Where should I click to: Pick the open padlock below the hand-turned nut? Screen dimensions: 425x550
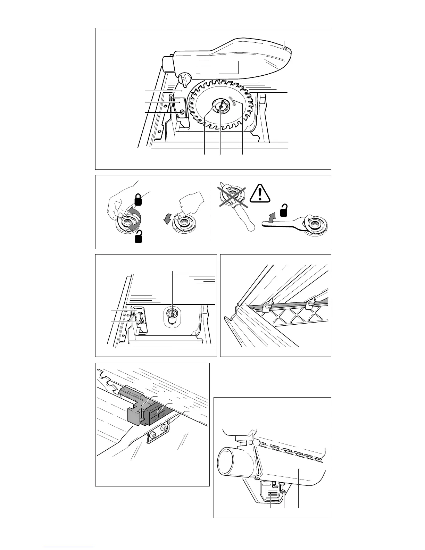pyautogui.click(x=139, y=237)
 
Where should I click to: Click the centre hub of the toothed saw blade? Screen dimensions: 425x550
pyautogui.click(x=220, y=107)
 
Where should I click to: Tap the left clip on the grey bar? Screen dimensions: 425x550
pyautogui.click(x=267, y=306)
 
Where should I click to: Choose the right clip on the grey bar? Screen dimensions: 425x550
pyautogui.click(x=311, y=305)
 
